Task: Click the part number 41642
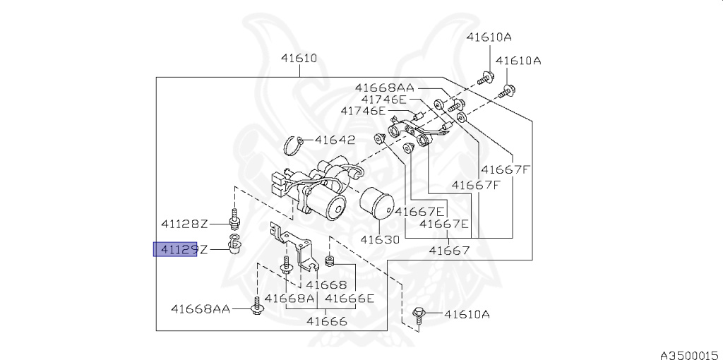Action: pyautogui.click(x=335, y=140)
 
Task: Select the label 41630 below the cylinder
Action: pyautogui.click(x=380, y=239)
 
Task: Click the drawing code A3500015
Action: pyautogui.click(x=691, y=354)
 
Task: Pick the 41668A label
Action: pyautogui.click(x=289, y=298)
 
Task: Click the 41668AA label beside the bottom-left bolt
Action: pyautogui.click(x=200, y=308)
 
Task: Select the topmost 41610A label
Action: pyautogui.click(x=489, y=37)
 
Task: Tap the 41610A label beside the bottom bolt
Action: pyautogui.click(x=467, y=314)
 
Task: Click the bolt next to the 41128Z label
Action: pyautogui.click(x=235, y=219)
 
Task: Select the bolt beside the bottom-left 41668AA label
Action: pyautogui.click(x=256, y=306)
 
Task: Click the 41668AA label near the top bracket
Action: pyautogui.click(x=385, y=88)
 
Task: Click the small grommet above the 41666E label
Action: pyautogui.click(x=330, y=261)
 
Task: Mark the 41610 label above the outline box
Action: pyautogui.click(x=299, y=59)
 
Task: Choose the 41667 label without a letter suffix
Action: pyautogui.click(x=449, y=251)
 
